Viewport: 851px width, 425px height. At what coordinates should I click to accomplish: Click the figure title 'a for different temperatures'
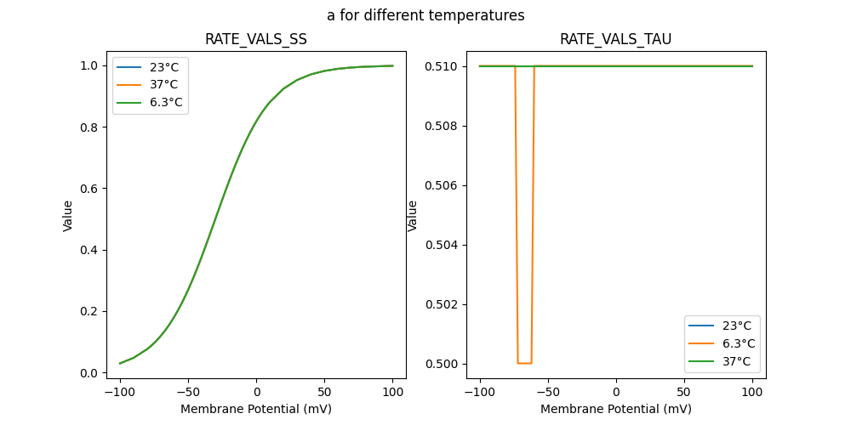click(x=425, y=15)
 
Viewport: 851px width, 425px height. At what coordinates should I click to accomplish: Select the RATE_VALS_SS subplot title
click(x=255, y=39)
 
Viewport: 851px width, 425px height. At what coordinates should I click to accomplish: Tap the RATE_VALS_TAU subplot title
click(x=615, y=39)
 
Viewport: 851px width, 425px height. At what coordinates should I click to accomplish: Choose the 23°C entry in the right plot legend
click(x=737, y=326)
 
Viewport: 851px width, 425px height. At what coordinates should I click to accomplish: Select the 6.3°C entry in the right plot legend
click(x=739, y=343)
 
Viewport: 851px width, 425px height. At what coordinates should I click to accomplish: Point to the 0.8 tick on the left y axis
click(x=89, y=127)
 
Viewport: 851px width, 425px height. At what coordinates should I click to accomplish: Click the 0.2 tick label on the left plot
click(x=89, y=312)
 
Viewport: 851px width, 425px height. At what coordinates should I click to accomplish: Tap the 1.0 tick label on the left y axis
click(x=89, y=66)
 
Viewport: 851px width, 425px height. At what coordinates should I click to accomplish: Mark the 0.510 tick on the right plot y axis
click(x=443, y=66)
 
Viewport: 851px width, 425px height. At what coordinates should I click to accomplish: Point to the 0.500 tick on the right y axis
click(x=443, y=364)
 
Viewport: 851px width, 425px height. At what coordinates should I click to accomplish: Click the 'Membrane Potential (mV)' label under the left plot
click(x=256, y=409)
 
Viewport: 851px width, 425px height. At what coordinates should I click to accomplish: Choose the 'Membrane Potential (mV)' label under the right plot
click(x=616, y=409)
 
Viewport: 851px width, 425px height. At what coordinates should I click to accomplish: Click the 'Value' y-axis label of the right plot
click(x=413, y=215)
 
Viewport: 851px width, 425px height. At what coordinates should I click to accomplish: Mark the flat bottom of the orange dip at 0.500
click(x=524, y=363)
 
